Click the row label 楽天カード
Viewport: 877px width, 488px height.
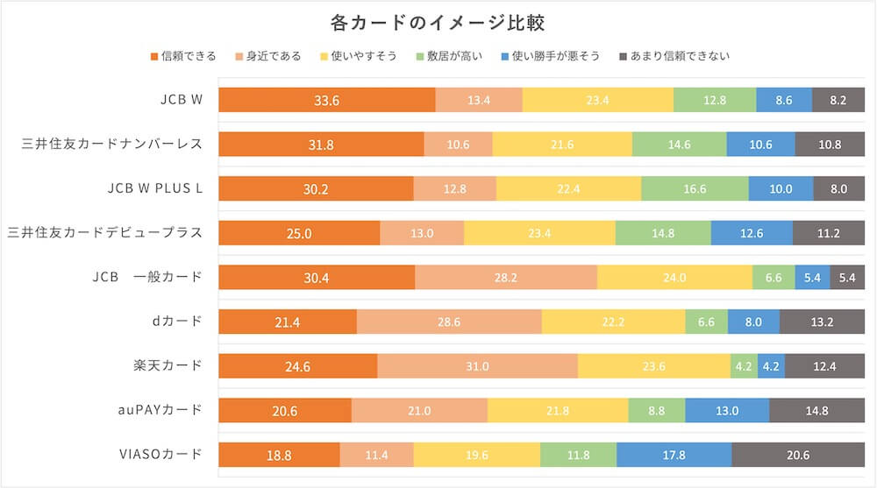click(173, 365)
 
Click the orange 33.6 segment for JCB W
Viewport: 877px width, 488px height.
click(326, 101)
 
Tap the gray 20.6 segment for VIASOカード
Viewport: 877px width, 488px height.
click(798, 455)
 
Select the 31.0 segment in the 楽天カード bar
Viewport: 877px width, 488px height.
click(477, 366)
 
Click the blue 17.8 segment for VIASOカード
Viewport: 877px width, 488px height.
click(674, 455)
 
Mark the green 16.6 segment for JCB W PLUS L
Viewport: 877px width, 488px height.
click(695, 189)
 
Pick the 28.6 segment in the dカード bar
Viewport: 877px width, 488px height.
click(449, 322)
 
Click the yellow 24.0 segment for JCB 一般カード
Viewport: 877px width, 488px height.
click(674, 278)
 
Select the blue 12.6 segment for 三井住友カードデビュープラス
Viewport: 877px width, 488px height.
click(751, 233)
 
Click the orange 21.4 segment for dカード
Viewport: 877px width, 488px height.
click(288, 322)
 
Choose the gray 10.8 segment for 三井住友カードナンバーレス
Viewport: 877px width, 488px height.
click(829, 145)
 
